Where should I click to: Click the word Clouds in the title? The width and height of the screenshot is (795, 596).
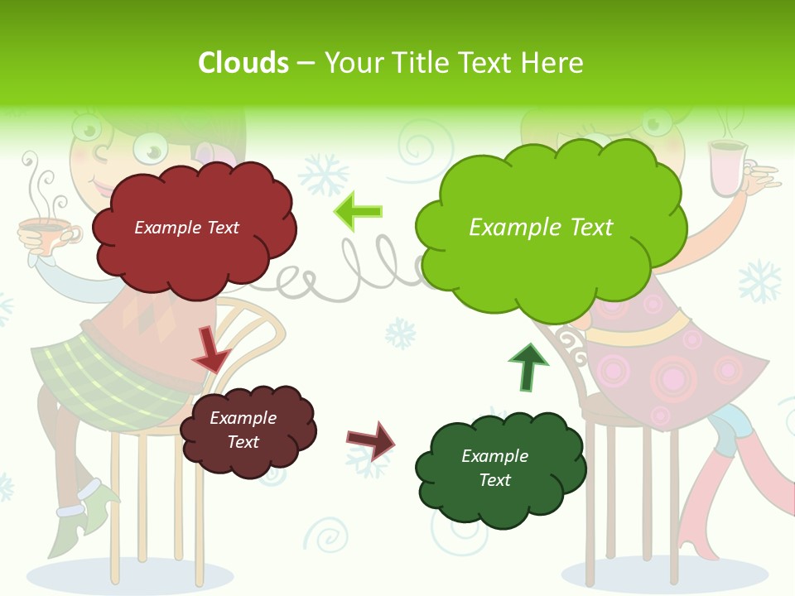tap(243, 63)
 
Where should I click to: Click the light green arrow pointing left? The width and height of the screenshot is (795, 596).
tap(359, 212)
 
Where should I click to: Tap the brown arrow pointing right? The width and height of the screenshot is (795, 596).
tap(371, 440)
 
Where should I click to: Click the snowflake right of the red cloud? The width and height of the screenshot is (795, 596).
tap(323, 175)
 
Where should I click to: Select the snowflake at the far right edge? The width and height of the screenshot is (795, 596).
tap(760, 281)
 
